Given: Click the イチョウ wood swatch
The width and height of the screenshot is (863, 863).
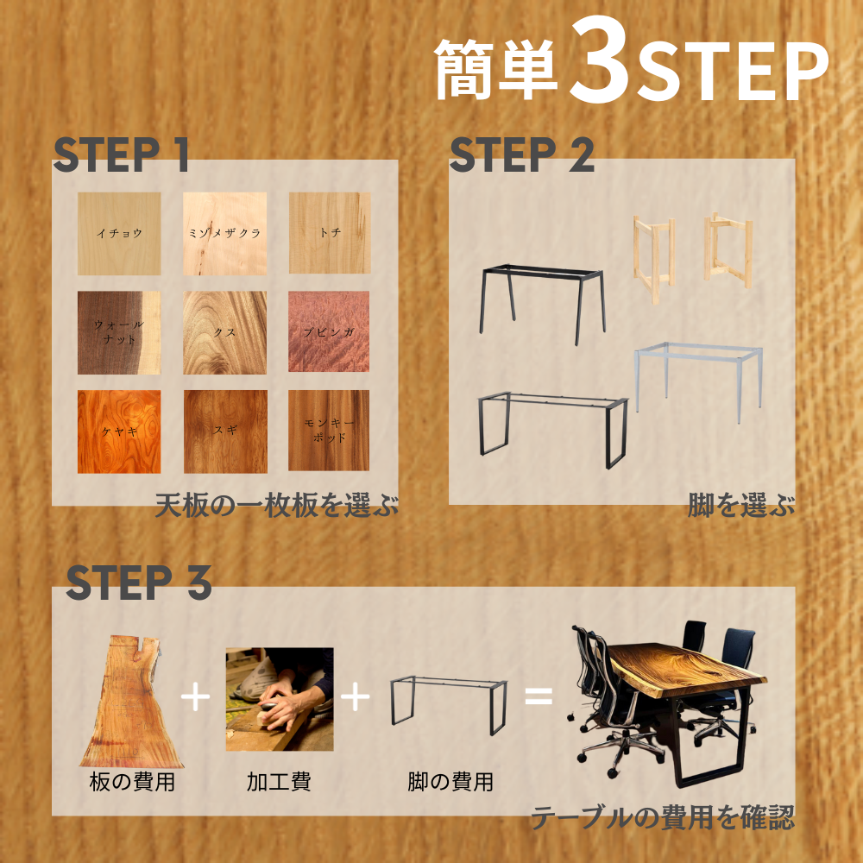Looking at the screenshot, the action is click(119, 233).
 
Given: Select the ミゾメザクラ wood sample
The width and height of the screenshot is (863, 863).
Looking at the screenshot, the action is click(224, 233).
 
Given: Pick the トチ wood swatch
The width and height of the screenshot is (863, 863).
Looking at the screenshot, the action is click(329, 233).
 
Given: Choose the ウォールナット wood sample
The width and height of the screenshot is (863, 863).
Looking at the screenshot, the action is click(119, 332).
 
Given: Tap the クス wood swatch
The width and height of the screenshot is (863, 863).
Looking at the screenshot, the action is click(224, 332).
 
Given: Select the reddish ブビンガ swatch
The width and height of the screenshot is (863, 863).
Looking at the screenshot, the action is click(329, 331).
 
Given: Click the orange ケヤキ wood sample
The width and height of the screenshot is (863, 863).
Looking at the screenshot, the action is click(119, 431).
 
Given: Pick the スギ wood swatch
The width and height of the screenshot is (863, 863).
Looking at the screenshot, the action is click(225, 431).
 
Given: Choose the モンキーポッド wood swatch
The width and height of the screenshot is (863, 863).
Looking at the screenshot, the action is click(329, 431).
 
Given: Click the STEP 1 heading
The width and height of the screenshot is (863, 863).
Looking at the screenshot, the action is click(121, 154).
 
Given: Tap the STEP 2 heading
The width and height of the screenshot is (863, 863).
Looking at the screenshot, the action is click(522, 154).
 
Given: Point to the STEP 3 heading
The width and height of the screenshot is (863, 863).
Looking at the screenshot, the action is click(139, 582).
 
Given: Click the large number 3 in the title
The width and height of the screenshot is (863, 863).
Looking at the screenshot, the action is click(600, 60).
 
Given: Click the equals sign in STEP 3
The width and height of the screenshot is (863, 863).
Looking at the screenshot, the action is click(539, 696).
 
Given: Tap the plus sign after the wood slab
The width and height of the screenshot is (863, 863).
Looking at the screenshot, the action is click(195, 696).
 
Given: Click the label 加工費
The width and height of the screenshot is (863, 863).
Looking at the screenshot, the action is click(279, 782).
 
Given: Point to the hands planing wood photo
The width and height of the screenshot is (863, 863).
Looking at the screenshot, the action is click(280, 699).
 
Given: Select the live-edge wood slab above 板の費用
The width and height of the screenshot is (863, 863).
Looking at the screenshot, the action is click(131, 702).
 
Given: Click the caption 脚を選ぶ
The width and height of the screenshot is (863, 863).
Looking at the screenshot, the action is click(741, 505).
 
